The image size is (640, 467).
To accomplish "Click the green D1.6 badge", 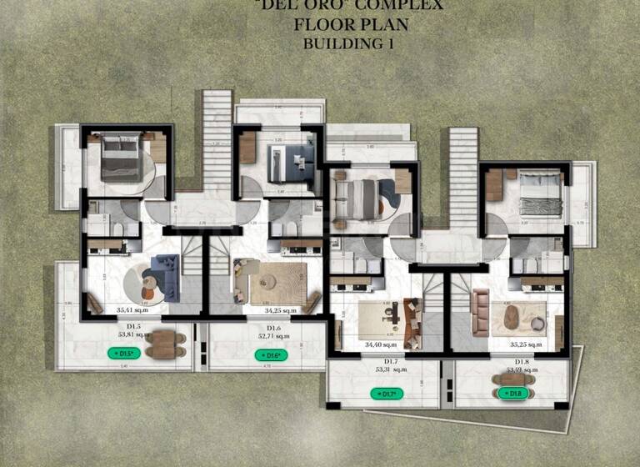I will tap(270, 355).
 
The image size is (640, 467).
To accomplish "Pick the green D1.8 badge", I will tap(513, 393).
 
